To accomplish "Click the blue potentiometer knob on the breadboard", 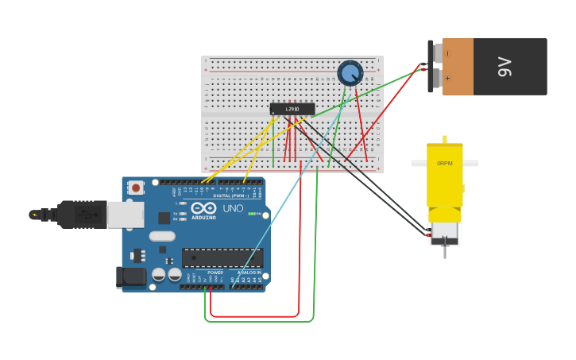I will (350, 73).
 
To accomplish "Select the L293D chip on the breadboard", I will (292, 109).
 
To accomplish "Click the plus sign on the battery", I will (447, 78).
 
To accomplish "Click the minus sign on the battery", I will (447, 53).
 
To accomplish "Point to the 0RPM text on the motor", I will (444, 164).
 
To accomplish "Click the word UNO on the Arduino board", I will (233, 208).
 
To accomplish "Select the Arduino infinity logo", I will (203, 208).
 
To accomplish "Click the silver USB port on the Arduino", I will (125, 215).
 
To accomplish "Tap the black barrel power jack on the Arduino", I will (130, 277).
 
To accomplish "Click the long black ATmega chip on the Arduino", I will (222, 257).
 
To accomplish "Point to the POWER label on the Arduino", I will (215, 273).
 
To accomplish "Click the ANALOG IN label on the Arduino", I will (249, 273).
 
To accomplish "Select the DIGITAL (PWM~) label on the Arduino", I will (230, 195).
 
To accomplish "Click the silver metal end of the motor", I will (444, 232).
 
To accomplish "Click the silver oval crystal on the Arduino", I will (162, 236).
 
